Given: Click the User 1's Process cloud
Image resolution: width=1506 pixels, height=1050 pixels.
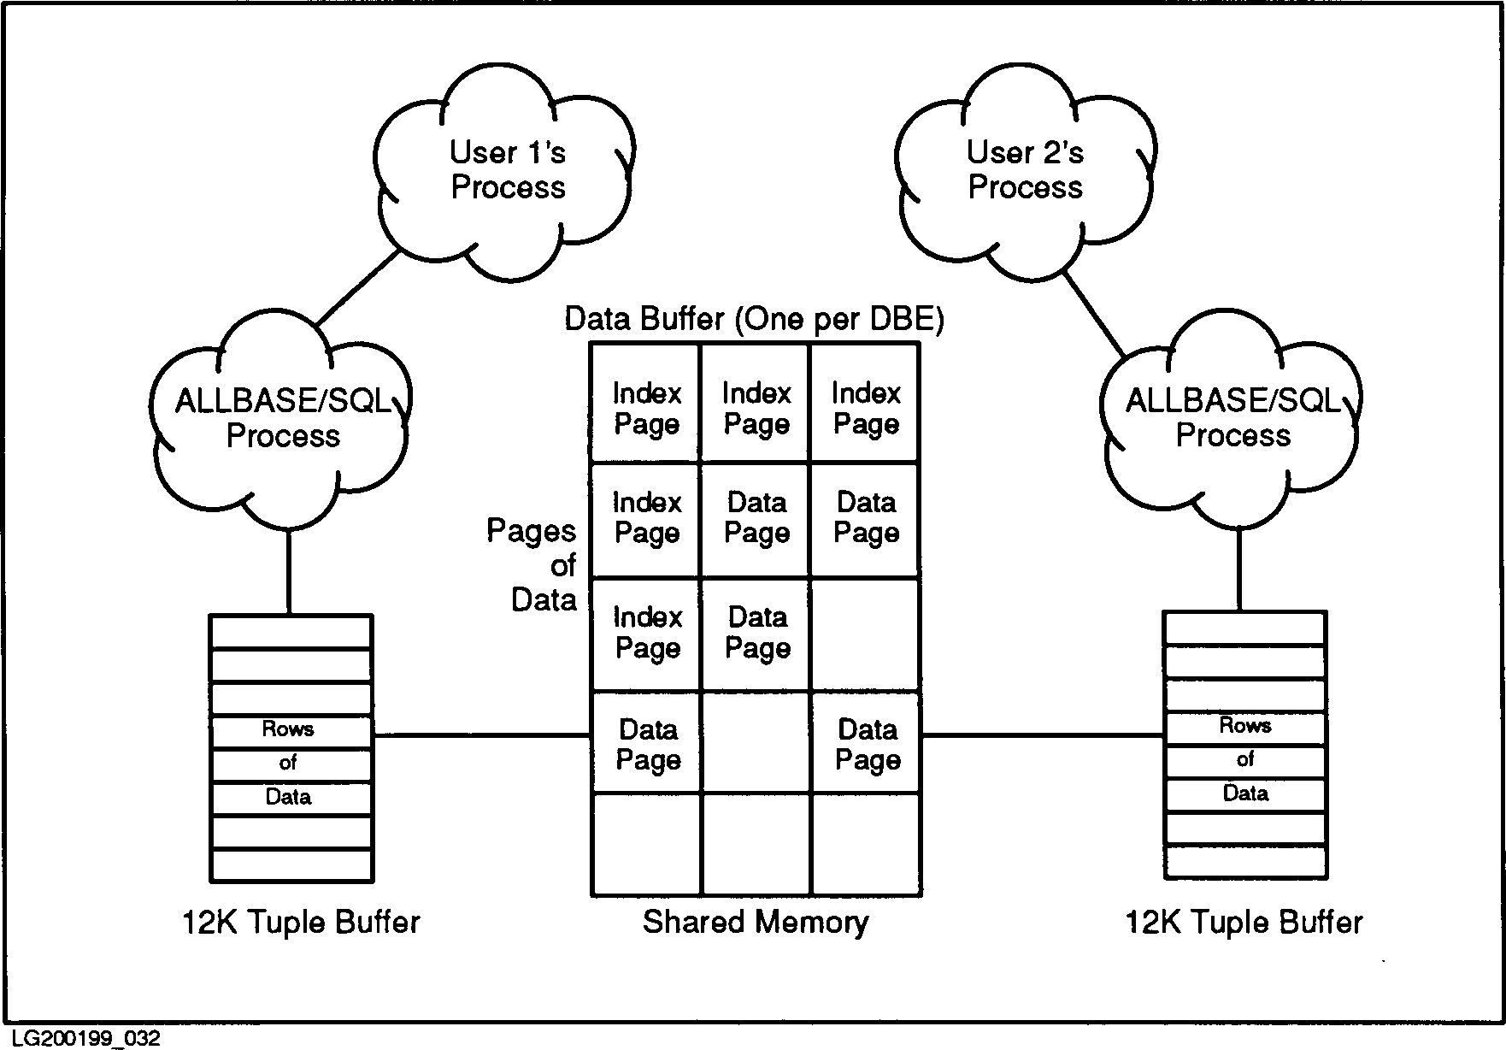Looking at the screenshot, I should point(507,170).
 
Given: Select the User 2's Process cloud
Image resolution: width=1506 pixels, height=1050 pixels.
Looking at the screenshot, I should point(1025,170).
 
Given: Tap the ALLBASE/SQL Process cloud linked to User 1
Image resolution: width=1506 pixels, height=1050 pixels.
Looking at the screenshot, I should point(282,418).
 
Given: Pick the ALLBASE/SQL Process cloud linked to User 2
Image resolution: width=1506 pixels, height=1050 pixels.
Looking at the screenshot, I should point(1232,418).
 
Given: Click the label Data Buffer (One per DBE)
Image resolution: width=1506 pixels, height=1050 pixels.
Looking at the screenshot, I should point(754,319).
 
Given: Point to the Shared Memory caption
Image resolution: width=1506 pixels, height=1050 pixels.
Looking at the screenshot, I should point(756,922).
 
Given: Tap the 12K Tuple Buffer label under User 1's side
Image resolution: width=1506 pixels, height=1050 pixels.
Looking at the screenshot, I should point(301,923).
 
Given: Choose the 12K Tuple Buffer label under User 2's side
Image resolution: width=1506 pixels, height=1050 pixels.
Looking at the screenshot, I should point(1244,923).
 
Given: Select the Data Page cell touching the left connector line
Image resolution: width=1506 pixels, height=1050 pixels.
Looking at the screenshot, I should point(647,744).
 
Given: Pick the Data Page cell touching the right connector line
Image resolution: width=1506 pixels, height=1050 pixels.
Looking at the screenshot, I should point(867,744).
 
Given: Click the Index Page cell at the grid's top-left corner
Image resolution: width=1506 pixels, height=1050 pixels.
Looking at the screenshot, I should point(646,408).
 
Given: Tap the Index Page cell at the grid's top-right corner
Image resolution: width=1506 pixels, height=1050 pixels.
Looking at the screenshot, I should point(866,408).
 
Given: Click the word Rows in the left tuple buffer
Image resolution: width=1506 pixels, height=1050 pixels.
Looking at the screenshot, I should point(288,729).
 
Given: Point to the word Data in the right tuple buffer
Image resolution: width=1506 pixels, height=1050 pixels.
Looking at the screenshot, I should point(1244,793).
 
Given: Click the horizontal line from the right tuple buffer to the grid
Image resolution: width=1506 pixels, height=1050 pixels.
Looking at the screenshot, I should point(1043,734).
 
